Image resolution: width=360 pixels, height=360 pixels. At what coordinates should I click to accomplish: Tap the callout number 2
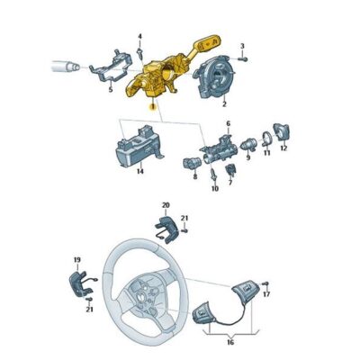tap(223, 104)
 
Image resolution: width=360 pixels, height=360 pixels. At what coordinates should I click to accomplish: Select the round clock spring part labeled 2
tap(222, 72)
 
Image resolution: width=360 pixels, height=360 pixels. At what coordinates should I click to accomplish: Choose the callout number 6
tap(228, 123)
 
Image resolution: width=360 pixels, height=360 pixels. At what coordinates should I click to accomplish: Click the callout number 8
tap(194, 177)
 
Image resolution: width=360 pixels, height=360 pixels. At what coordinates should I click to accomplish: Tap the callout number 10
tap(215, 189)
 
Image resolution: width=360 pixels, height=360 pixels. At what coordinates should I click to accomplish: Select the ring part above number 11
tap(267, 139)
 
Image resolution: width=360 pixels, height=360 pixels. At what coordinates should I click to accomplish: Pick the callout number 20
tap(164, 207)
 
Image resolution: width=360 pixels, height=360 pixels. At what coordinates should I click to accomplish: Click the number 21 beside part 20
tap(185, 219)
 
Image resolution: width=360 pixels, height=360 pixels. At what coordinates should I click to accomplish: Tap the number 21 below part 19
tap(88, 310)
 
